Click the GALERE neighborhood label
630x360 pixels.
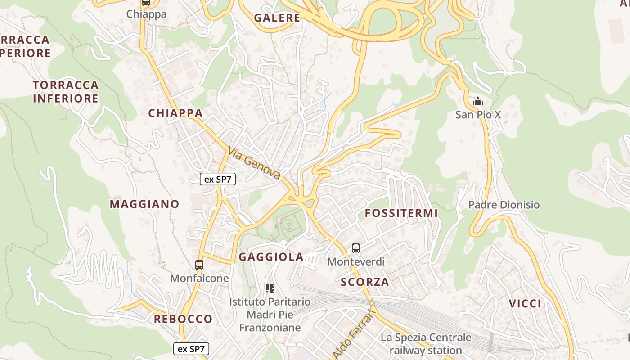coord(277,18)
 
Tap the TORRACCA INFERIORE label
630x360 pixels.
coord(66,92)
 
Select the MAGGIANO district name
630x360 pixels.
coord(144,204)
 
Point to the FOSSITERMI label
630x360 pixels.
coord(401,213)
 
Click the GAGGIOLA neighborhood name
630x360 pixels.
coord(271,257)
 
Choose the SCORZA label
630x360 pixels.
coord(365,282)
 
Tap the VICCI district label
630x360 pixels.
coord(525,304)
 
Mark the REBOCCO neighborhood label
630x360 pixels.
coord(183,319)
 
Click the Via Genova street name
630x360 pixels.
coord(255,163)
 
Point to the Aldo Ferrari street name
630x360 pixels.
coord(355,333)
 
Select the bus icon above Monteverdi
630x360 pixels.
coord(356,248)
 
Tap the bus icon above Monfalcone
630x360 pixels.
coord(199,265)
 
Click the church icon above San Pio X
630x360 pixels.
coord(478,102)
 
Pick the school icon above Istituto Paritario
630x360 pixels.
coord(270,288)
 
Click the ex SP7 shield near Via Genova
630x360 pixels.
coord(218,179)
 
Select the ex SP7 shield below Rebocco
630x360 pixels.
coord(191,349)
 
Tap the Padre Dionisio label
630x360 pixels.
coord(504,205)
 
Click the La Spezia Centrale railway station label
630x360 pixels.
coord(426,344)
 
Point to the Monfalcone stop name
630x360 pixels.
coord(199,279)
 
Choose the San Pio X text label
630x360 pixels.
coord(478,115)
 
